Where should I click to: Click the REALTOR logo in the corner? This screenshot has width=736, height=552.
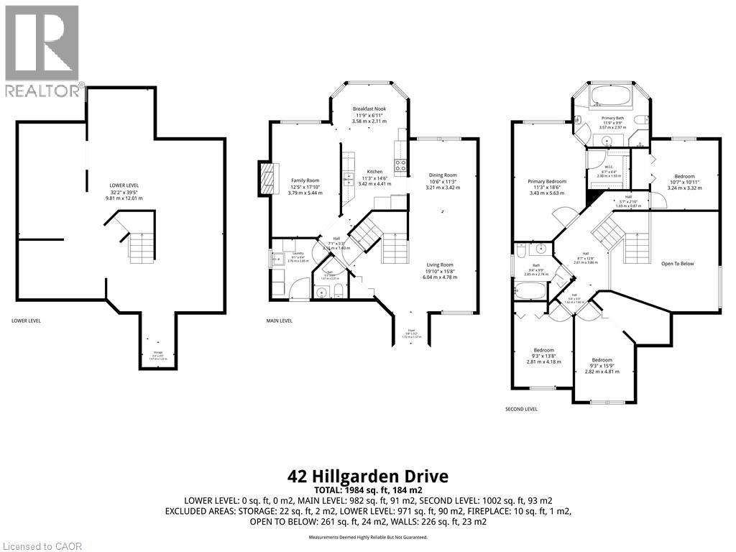coord(42,50)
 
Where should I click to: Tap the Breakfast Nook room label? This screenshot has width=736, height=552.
coord(369,109)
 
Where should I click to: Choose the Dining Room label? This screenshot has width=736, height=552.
coord(442,175)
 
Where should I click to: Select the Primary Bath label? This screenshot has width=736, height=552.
coord(613,117)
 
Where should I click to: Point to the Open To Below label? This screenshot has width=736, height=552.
coord(677,264)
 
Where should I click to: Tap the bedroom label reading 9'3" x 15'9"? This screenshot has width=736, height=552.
coord(602,360)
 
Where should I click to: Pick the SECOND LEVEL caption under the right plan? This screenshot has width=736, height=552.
coord(521,409)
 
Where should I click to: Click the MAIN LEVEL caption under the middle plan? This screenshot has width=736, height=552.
coord(279,321)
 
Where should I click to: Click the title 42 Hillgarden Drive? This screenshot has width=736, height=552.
coord(367,476)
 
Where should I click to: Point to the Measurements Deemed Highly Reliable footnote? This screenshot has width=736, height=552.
coord(368,537)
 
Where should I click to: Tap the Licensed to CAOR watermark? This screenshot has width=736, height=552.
coord(42,546)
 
